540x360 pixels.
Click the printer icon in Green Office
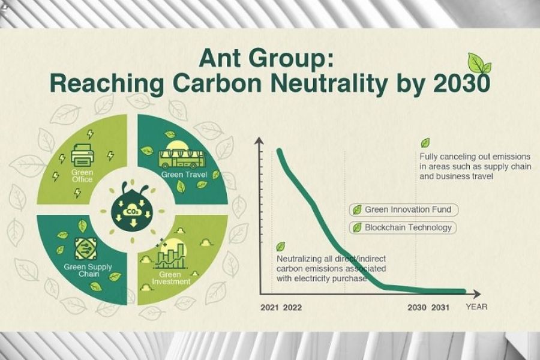tap(82, 155)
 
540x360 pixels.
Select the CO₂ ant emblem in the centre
tap(133, 206)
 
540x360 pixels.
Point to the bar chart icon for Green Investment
tap(171, 256)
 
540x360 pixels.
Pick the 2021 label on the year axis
tap(269, 308)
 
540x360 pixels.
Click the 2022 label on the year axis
tap(292, 308)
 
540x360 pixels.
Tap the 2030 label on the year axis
tap(417, 307)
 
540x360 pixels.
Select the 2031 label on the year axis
tap(440, 307)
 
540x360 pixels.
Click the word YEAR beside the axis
tap(476, 307)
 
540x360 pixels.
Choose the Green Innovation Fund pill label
tap(404, 210)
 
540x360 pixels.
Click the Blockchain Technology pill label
tap(403, 228)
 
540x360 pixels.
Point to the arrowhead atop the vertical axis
tap(259, 140)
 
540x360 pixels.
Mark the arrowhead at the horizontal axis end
tap(477, 294)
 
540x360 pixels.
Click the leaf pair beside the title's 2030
tap(479, 64)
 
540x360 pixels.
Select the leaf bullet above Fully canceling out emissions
tap(425, 143)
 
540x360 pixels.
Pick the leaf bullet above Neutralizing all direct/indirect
tap(281, 247)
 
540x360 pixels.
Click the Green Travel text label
tap(184, 175)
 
